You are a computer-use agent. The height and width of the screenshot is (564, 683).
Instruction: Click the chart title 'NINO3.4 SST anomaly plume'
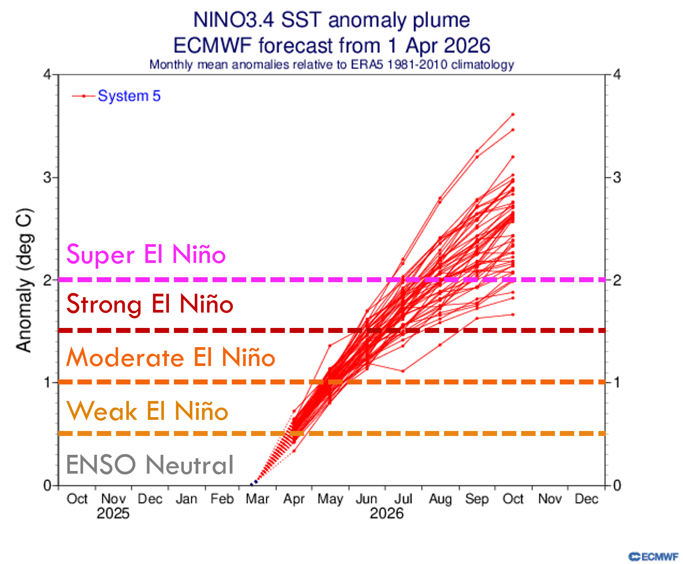click(331, 20)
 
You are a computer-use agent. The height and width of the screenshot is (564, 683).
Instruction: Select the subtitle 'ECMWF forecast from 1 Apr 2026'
click(331, 45)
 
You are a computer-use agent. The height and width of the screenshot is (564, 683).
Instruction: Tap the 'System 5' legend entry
click(129, 96)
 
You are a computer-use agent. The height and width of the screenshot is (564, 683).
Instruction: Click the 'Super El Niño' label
click(146, 254)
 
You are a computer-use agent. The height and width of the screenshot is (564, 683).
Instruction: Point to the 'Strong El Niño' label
click(150, 304)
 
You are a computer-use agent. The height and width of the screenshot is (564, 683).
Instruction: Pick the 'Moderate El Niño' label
click(170, 358)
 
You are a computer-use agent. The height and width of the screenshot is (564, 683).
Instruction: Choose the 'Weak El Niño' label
click(147, 411)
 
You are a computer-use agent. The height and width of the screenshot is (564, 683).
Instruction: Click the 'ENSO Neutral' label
click(150, 464)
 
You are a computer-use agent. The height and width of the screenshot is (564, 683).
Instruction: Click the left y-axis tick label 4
click(47, 74)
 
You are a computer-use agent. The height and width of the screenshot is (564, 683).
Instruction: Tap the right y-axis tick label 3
click(617, 178)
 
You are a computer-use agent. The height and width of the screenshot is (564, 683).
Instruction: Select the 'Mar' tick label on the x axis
click(257, 499)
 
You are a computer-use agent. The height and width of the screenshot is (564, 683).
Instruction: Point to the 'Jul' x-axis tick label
click(403, 499)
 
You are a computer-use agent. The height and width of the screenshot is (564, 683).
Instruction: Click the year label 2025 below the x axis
click(113, 514)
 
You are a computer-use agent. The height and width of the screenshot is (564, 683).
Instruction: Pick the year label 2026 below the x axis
click(386, 514)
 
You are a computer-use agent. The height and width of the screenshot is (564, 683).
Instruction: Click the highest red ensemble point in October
click(513, 115)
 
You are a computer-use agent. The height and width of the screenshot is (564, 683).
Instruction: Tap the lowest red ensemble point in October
click(513, 314)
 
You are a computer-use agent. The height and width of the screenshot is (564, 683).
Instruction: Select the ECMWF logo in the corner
click(653, 556)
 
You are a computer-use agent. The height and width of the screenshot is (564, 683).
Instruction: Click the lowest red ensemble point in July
click(403, 371)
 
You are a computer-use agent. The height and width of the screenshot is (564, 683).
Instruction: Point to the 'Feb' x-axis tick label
click(222, 499)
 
